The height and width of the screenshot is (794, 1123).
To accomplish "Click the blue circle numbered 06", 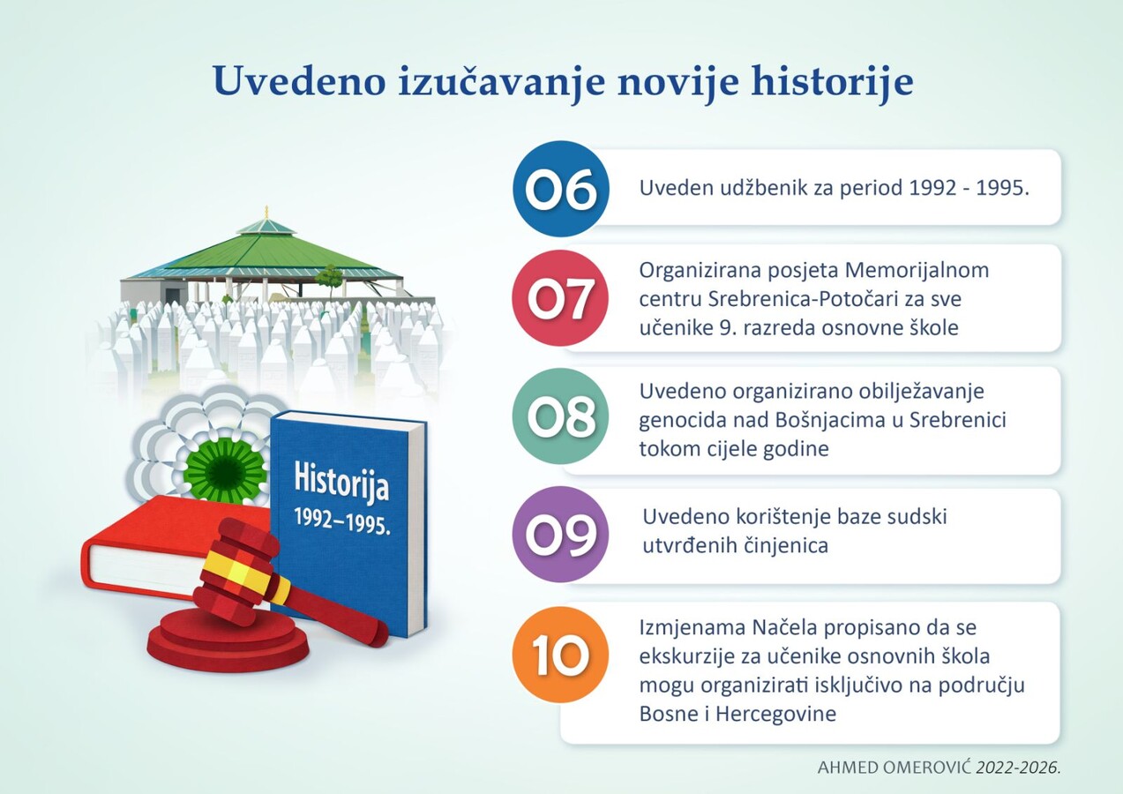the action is click(x=560, y=189).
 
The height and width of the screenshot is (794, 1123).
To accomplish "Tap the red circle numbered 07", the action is click(x=560, y=298).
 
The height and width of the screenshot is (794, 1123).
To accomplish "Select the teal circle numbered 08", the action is click(x=560, y=416).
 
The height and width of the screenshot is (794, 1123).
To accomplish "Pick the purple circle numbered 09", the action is click(x=560, y=535).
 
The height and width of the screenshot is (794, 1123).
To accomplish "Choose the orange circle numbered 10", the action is click(x=560, y=655).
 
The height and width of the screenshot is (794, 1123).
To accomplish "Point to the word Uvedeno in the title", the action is click(x=299, y=81).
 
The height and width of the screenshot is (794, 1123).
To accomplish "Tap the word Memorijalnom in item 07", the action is click(x=917, y=271).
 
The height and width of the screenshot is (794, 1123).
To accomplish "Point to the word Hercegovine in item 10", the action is click(x=775, y=714).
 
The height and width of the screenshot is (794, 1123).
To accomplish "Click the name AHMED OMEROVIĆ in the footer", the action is click(x=894, y=768).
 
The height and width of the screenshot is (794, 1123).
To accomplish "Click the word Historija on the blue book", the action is click(x=341, y=483).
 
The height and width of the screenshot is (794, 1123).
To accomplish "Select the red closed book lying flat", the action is click(x=176, y=546).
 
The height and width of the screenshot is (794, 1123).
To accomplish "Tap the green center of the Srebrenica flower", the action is click(x=225, y=469).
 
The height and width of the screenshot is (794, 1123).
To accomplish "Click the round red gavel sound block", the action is click(x=228, y=640).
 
